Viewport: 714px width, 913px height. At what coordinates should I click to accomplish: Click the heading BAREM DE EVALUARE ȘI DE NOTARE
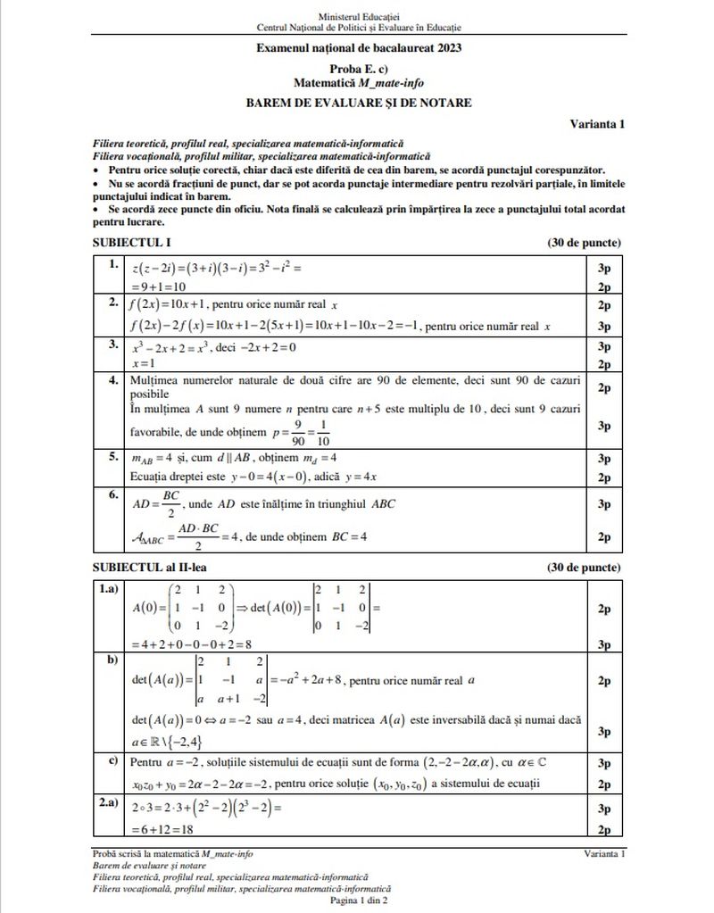(x=359, y=103)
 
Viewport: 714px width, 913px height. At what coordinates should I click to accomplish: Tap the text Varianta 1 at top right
(x=596, y=123)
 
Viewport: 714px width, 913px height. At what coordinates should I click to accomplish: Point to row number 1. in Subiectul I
(x=113, y=265)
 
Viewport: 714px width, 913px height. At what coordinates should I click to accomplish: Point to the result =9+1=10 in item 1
(x=158, y=286)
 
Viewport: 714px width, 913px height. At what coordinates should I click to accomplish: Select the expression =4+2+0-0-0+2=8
(x=191, y=643)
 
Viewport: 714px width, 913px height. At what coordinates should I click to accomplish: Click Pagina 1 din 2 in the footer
(x=358, y=902)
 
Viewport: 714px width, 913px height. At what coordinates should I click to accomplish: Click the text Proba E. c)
(x=358, y=68)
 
